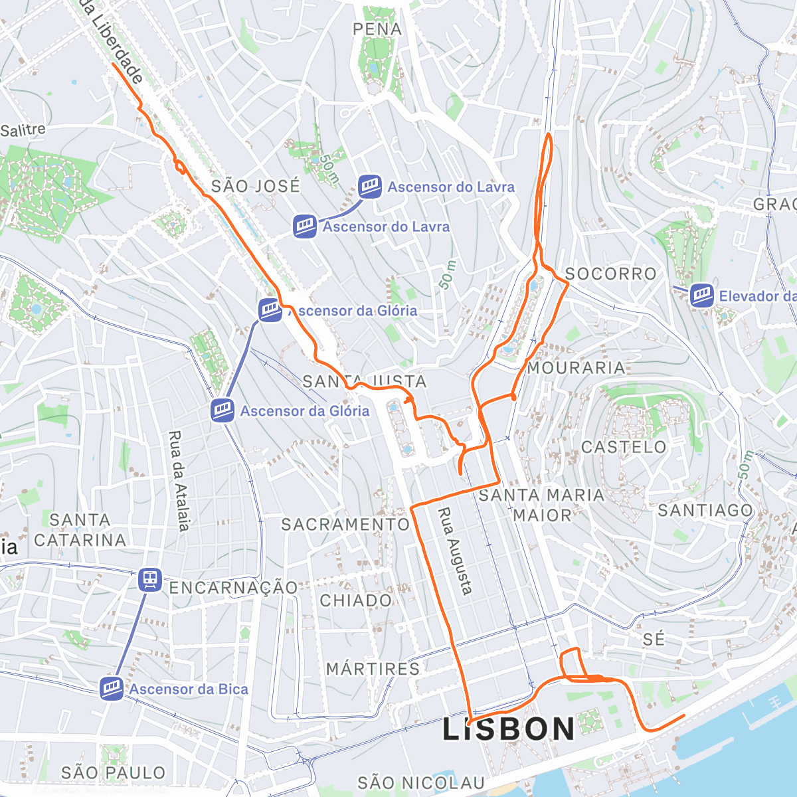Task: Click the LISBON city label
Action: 509,729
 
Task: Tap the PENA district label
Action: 377,29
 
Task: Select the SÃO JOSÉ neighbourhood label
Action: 256,187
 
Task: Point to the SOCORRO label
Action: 610,274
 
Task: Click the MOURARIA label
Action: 576,367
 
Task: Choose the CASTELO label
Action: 624,447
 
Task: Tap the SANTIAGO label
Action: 705,510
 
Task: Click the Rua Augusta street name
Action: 456,551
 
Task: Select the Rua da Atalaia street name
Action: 179,482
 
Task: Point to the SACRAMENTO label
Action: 345,524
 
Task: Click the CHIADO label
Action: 356,601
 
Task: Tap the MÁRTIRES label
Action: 373,669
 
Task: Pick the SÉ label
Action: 654,639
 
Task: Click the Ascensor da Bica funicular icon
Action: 111,689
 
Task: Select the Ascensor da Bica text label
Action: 189,689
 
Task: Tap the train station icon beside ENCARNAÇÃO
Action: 151,580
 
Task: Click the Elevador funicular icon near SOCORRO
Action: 701,296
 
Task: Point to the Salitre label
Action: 23,130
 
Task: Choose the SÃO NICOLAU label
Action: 420,784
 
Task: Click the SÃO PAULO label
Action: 113,773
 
